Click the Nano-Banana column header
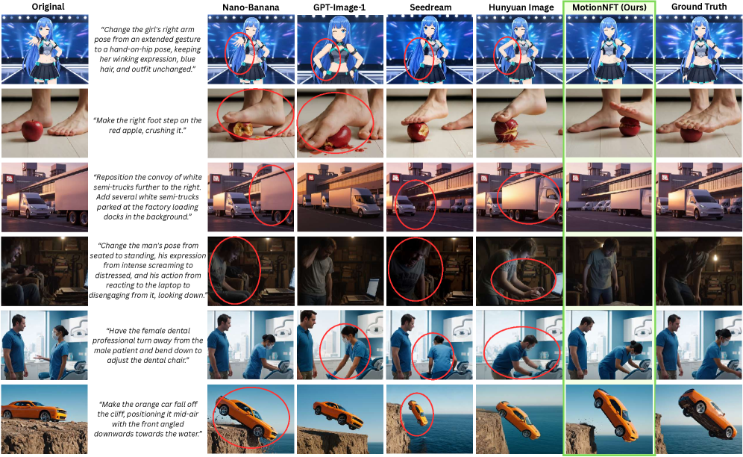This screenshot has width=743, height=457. (x=251, y=7)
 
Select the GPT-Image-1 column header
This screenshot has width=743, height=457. (x=339, y=7)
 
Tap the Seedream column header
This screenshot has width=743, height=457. (x=430, y=7)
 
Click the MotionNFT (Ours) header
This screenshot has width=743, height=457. (x=609, y=7)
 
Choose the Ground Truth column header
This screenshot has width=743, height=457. (x=699, y=7)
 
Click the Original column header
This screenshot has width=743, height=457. (x=48, y=7)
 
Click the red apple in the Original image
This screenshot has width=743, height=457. (x=32, y=130)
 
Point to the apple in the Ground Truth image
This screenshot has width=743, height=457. (x=692, y=134)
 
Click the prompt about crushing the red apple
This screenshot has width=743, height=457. (x=148, y=125)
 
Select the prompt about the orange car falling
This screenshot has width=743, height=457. (x=148, y=419)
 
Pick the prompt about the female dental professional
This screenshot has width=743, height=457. (x=148, y=346)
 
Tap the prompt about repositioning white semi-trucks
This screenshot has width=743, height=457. (x=148, y=197)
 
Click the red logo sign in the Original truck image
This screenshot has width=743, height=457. (x=8, y=180)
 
